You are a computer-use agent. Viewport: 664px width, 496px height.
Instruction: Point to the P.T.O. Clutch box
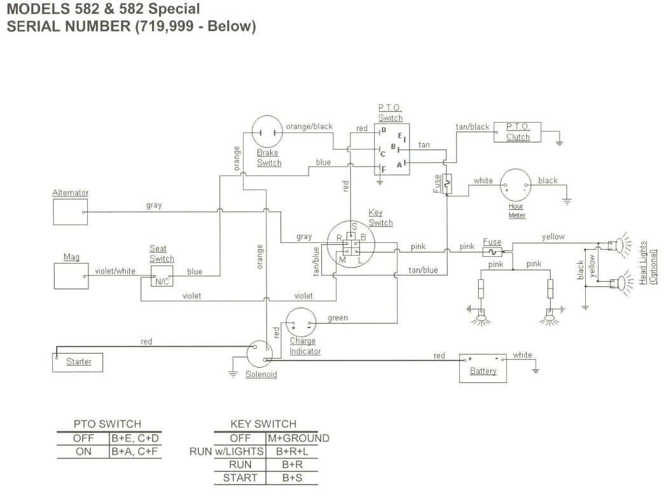click(x=517, y=132)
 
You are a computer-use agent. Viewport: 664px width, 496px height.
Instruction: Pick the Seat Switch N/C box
click(x=162, y=277)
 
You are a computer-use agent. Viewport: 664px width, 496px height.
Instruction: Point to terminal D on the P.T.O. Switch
click(x=384, y=130)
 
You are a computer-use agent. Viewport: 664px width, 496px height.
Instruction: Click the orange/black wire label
click(x=309, y=127)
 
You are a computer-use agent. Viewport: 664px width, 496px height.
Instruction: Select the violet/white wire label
click(x=115, y=271)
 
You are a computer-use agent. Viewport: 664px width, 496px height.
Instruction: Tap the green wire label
click(x=338, y=318)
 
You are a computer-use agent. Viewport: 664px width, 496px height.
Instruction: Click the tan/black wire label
click(x=473, y=127)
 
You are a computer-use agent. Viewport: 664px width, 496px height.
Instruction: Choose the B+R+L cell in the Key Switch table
click(x=297, y=451)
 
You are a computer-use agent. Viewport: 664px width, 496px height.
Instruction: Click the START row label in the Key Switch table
click(x=240, y=478)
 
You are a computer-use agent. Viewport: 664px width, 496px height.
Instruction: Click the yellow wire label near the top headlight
click(x=553, y=237)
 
